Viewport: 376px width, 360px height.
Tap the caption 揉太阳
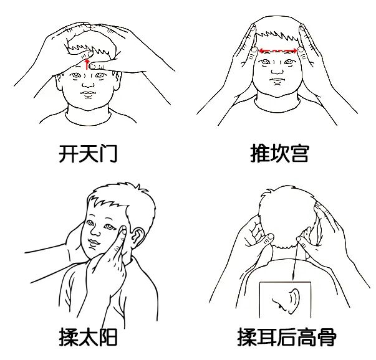coord(88,338)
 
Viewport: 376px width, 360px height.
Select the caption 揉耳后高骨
coord(287,338)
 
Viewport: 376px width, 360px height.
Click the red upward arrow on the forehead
coord(87,63)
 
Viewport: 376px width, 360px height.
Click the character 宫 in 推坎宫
coord(299,153)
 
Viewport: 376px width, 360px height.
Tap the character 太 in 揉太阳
coord(88,338)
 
